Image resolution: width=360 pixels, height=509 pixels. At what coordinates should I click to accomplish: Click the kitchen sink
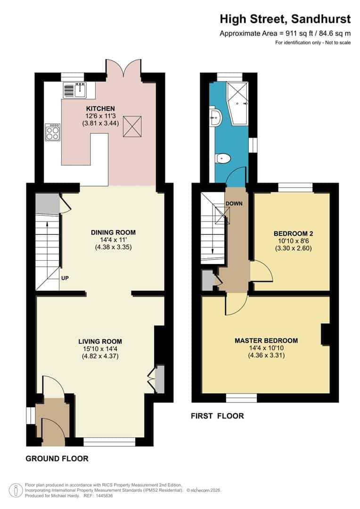[74, 89]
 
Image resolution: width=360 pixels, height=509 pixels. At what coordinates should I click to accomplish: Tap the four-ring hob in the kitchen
[52, 131]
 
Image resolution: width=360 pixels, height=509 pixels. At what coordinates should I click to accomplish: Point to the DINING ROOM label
[113, 232]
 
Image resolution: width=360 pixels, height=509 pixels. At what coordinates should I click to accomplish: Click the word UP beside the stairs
[65, 278]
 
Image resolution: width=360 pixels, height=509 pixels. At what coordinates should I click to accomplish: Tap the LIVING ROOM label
[100, 342]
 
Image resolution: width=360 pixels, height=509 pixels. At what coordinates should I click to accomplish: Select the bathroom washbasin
[216, 117]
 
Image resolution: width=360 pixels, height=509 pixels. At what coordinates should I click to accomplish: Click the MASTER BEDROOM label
[266, 340]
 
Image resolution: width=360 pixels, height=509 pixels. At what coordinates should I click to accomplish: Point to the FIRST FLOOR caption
[217, 416]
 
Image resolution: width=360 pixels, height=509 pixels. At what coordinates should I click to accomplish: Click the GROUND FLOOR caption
[57, 458]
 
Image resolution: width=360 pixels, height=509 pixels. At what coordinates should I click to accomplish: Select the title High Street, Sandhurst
[285, 19]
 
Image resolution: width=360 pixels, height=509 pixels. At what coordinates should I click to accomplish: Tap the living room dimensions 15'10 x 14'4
[100, 349]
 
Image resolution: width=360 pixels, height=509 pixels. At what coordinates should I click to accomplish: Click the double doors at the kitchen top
[123, 68]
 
